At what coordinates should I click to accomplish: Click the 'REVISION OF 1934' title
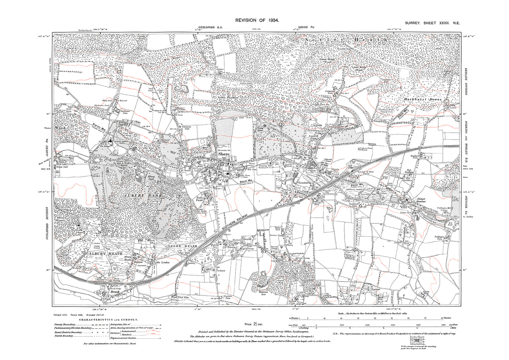coord(255,20)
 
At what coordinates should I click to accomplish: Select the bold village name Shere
coord(224,154)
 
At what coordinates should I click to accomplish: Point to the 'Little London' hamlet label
coord(162,262)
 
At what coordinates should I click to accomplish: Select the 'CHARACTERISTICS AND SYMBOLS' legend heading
coord(109,319)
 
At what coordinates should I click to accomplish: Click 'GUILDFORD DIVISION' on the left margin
coord(47,225)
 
